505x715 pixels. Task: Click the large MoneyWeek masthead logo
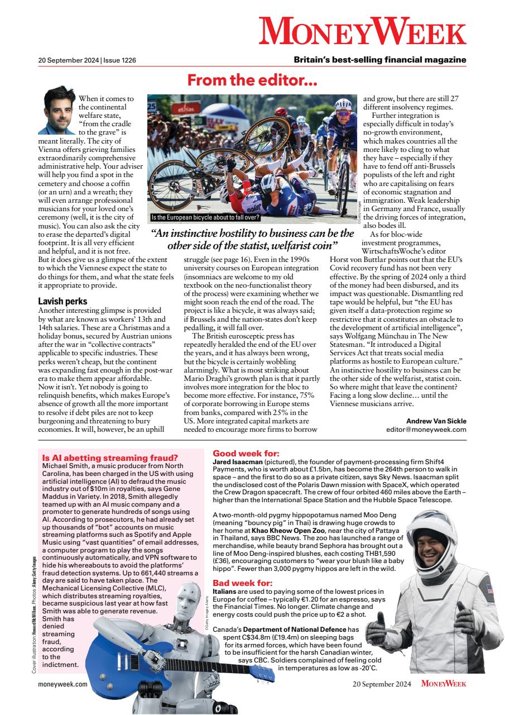pos(362,31)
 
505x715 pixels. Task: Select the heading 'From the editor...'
pos(252,81)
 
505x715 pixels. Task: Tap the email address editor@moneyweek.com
pos(426,430)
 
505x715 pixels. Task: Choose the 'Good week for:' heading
pos(246,454)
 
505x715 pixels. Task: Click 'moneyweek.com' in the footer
pos(62,684)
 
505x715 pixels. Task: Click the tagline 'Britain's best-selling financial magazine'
pos(380,60)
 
